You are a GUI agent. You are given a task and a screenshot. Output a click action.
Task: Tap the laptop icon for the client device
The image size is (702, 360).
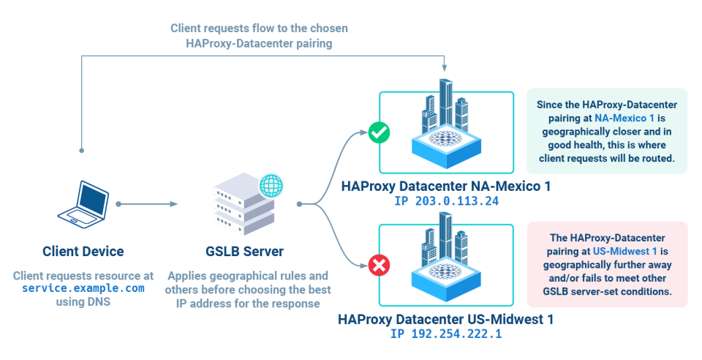coord(83,203)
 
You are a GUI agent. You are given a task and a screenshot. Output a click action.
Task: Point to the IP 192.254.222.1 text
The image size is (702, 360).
coord(445,334)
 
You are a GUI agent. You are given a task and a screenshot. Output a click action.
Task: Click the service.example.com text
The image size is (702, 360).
coord(83,288)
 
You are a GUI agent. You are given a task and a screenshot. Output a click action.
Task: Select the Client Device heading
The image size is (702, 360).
coord(83,252)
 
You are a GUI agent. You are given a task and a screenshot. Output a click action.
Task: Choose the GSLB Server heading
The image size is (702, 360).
coord(244,252)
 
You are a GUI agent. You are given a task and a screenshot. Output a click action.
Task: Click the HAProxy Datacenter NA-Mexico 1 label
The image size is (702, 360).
coord(445,187)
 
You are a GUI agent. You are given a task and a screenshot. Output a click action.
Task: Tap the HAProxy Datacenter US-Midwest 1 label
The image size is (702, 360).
coord(445,320)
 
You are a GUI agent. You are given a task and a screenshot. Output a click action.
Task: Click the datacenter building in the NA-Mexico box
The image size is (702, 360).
coord(445,124)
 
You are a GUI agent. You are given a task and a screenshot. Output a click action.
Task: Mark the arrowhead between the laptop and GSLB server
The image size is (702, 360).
coord(174,203)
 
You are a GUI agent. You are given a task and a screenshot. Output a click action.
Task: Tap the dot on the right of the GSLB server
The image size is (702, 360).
coord(298,203)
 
